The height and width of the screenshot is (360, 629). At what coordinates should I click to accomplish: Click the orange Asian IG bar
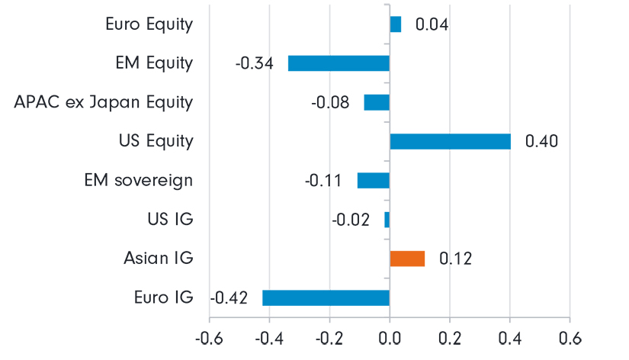(x=407, y=259)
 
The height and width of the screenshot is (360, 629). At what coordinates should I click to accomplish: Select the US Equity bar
(x=450, y=141)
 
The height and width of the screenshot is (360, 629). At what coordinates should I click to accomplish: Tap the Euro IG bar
(x=326, y=297)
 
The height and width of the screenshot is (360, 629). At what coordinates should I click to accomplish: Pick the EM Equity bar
(x=339, y=63)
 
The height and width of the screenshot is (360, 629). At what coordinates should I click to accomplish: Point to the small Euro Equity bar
(x=396, y=24)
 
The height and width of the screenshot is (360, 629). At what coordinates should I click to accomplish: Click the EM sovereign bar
(x=374, y=181)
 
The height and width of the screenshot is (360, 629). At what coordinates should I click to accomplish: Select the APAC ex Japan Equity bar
(x=377, y=102)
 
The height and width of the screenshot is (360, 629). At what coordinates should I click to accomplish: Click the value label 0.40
(x=541, y=142)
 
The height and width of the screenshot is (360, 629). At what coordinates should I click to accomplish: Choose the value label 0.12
(x=455, y=259)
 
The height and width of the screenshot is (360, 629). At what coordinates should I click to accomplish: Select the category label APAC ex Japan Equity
(x=104, y=102)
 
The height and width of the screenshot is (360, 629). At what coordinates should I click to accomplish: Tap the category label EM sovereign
(x=138, y=181)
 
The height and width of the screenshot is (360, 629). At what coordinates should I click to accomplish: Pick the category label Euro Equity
(x=149, y=24)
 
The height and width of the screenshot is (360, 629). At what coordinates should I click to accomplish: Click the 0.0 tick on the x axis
(x=390, y=337)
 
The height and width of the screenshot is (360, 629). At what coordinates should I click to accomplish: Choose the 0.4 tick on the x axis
(x=509, y=337)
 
